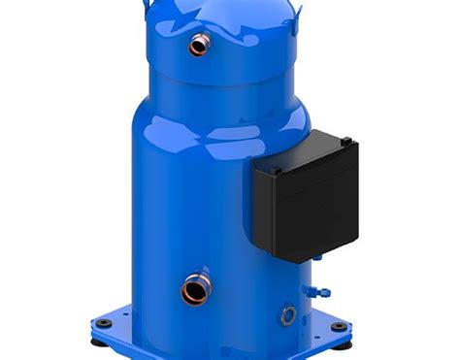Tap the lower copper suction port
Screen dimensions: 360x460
pos(193,288)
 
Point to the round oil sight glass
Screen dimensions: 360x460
pos(286,314)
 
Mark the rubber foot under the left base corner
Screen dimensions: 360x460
pos(98,343)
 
